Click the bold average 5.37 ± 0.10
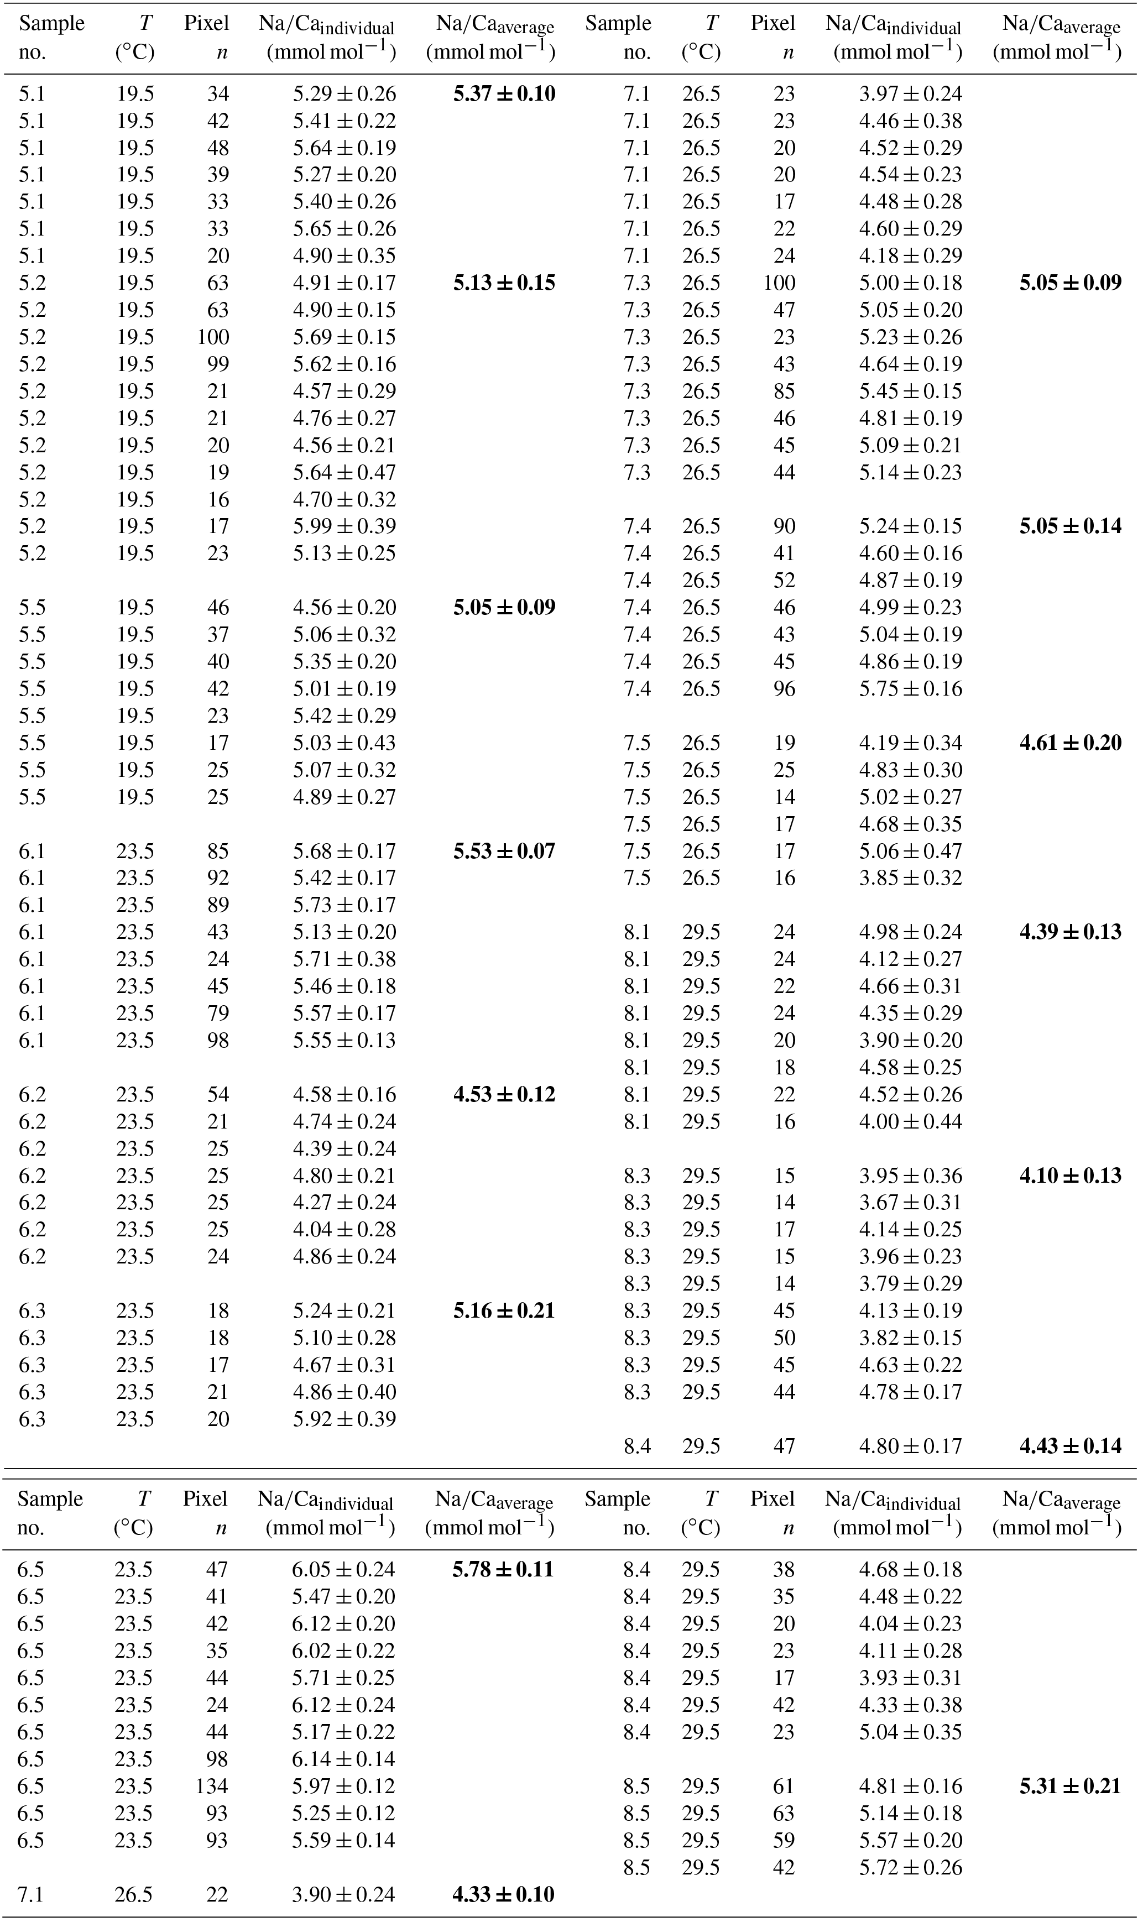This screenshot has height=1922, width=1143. tap(504, 94)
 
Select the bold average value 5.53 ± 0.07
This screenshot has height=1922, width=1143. tap(504, 851)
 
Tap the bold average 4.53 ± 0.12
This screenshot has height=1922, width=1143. tap(504, 1094)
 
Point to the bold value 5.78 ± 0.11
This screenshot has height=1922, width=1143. tap(503, 1569)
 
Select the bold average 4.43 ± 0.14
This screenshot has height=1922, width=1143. tap(1071, 1446)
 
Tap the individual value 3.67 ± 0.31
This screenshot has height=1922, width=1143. tap(910, 1203)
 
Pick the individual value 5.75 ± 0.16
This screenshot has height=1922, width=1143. tap(910, 688)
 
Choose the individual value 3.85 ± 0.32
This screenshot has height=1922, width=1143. tap(910, 878)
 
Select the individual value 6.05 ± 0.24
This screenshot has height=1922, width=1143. tap(343, 1569)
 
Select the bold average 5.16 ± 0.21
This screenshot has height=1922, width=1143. tap(504, 1310)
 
